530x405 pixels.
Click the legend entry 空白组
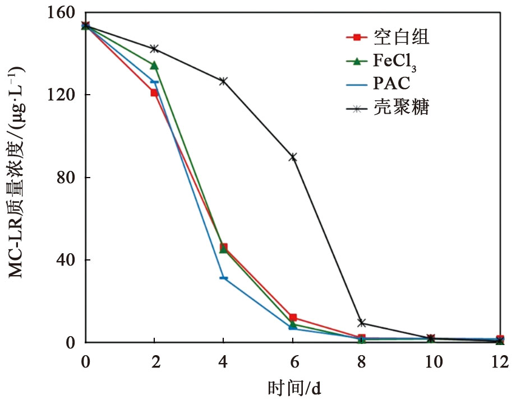pyautogui.click(x=401, y=38)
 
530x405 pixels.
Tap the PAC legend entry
pyautogui.click(x=391, y=84)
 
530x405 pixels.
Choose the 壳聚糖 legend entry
pyautogui.click(x=401, y=107)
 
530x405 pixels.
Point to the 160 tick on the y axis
pyautogui.click(x=64, y=12)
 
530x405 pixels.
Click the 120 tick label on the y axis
pyautogui.click(x=64, y=95)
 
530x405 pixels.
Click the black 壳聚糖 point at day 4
pyautogui.click(x=223, y=81)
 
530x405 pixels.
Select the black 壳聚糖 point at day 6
pyautogui.click(x=293, y=157)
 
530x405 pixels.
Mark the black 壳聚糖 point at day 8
pyautogui.click(x=362, y=323)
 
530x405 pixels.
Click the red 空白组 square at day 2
pyautogui.click(x=154, y=93)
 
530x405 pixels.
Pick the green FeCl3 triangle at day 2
pyautogui.click(x=154, y=66)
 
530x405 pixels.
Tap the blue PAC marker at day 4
pyautogui.click(x=223, y=278)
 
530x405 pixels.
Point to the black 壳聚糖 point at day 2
pyautogui.click(x=154, y=49)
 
